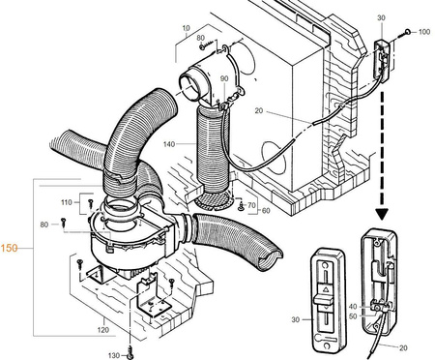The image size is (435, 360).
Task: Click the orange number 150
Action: click(x=11, y=248)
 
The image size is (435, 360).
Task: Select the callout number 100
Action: click(x=424, y=33)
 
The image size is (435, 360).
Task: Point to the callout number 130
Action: click(x=112, y=355)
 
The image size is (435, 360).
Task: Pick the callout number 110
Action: click(x=67, y=202)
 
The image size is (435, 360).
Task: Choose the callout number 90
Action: click(x=223, y=78)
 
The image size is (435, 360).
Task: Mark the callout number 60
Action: click(x=266, y=210)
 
